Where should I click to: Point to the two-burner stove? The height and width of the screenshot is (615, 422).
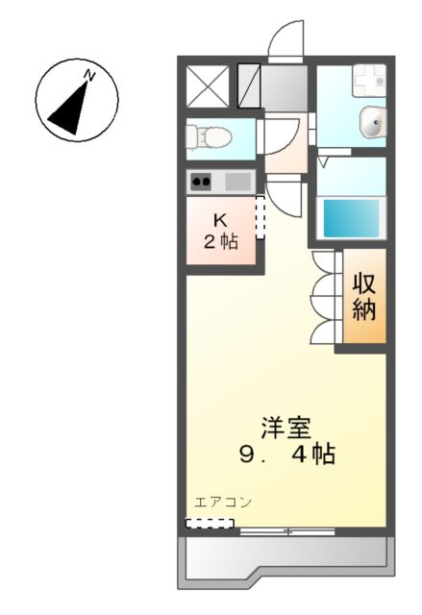coord(202,180)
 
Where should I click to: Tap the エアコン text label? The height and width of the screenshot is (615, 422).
coord(222,502)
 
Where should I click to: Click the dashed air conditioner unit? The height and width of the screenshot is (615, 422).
coord(210,524)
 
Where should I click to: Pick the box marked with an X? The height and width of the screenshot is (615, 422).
coord(204,85)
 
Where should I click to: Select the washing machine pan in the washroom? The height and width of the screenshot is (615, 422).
coord(366,83)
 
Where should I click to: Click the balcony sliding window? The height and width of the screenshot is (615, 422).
coord(285,529)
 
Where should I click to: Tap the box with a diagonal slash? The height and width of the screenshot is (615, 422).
coord(248,85)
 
